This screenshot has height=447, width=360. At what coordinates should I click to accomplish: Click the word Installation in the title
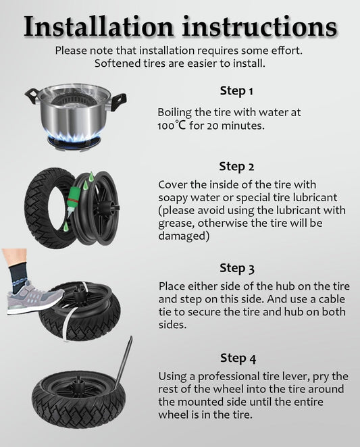pos(99,26)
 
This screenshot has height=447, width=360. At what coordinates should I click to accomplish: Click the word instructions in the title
pos(259,26)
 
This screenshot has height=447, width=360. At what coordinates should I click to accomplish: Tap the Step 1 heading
pos(236,91)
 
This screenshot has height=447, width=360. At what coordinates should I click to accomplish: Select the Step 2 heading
pos(236,167)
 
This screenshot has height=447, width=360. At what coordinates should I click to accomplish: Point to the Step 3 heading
pos(236,268)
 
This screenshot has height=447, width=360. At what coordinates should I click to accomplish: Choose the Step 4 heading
pos(238,359)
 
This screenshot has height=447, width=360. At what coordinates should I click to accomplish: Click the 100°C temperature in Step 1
pos(172,126)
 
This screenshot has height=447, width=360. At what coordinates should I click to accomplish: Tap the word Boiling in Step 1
pos(174,113)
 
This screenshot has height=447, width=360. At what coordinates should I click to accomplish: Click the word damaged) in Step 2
pos(184,236)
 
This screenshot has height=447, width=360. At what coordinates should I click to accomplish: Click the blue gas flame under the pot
pos(74,136)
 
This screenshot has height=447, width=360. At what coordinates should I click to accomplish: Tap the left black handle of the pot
pos(32,95)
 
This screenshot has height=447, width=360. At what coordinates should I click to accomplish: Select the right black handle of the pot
pos(118,101)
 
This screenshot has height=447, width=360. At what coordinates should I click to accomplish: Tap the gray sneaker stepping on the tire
pos(34,298)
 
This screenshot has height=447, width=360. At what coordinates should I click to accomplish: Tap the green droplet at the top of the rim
pos(91,177)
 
